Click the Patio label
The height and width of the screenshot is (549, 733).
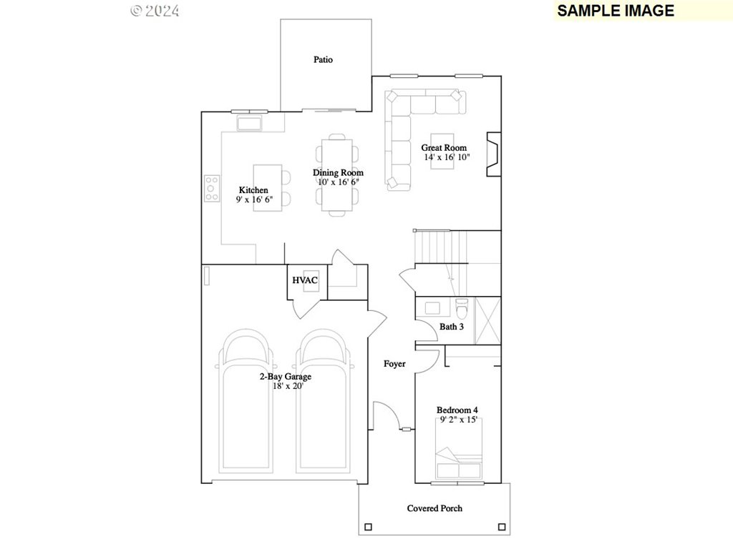(323, 60)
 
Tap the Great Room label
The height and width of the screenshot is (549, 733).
(444, 148)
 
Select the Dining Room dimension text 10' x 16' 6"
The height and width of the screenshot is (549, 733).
(338, 182)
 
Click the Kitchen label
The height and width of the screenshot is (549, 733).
(253, 190)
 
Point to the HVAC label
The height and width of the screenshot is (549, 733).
(305, 280)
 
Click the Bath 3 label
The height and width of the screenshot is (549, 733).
(452, 327)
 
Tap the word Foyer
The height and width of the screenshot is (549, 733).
(394, 364)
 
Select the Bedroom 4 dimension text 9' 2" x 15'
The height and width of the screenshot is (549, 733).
(458, 420)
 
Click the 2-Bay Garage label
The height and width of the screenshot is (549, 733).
(286, 377)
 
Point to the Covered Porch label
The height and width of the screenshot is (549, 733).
(435, 508)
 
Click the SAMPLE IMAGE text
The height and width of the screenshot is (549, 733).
(616, 11)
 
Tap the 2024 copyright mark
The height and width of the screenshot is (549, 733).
(155, 11)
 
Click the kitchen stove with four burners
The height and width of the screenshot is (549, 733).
(212, 188)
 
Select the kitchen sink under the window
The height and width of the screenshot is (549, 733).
(249, 124)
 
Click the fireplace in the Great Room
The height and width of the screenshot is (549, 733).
(494, 154)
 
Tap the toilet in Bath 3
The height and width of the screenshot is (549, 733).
(462, 309)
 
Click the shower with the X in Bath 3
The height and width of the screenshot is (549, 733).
(487, 321)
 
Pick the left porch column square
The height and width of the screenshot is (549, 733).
(369, 527)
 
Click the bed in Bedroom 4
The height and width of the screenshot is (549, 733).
(458, 449)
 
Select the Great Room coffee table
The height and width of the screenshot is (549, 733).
(442, 152)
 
